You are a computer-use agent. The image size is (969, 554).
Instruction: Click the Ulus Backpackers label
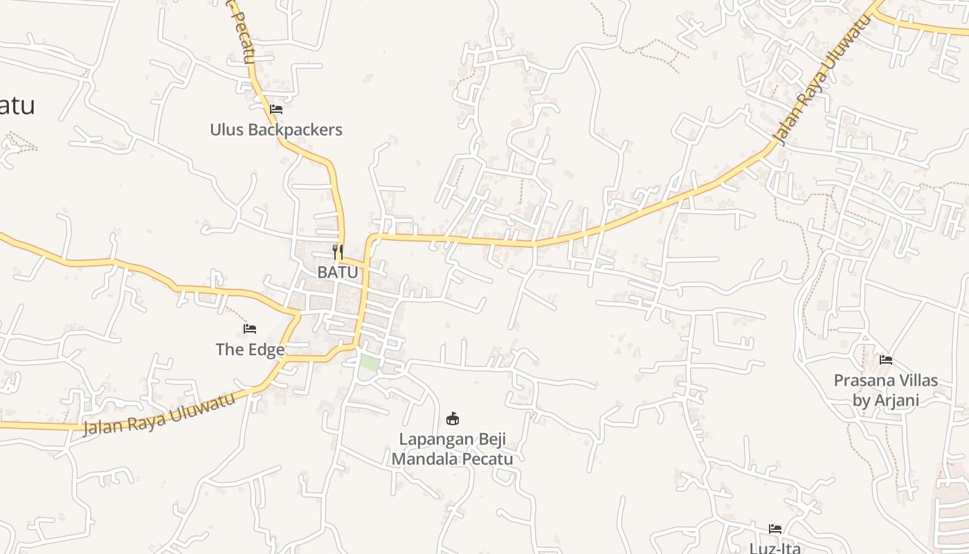pos(276,129)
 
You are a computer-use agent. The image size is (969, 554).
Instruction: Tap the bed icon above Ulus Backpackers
pos(276,109)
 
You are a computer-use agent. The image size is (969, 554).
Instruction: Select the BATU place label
pos(338,272)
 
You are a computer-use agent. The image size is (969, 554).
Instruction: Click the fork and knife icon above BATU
pos(338,251)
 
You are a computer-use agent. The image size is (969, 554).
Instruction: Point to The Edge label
pos(250,350)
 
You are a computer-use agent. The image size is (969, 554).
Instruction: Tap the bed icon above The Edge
pos(250,328)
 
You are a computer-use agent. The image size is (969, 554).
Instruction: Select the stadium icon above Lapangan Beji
pos(453,418)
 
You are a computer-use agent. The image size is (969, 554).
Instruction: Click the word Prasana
pos(862,380)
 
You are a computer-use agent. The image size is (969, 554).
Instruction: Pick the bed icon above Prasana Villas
pos(885,359)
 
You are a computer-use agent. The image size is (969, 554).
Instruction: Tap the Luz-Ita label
pos(775,548)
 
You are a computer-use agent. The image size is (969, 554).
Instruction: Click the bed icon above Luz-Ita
pos(775,529)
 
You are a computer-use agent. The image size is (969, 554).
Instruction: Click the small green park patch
pos(370,363)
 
